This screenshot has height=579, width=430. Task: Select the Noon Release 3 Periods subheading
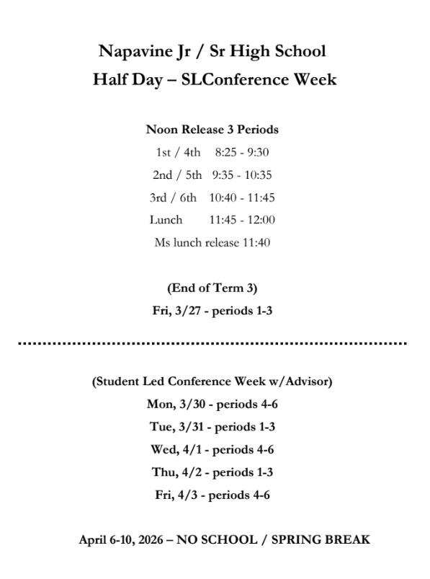tap(212, 131)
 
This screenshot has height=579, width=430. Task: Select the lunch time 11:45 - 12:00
tap(242, 220)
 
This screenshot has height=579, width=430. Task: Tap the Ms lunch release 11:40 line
tap(212, 242)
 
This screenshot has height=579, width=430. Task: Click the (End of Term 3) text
tap(212, 288)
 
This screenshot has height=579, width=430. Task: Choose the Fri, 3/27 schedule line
tap(212, 311)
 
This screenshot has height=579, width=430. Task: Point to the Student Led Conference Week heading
tap(212, 381)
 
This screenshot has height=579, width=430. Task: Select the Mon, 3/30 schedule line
tap(212, 404)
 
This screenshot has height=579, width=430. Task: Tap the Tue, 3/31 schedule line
tap(212, 426)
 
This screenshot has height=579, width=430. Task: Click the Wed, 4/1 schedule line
tap(212, 449)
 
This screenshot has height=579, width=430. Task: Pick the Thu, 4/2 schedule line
tap(212, 472)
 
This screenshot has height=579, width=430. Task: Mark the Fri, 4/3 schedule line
tap(212, 495)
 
